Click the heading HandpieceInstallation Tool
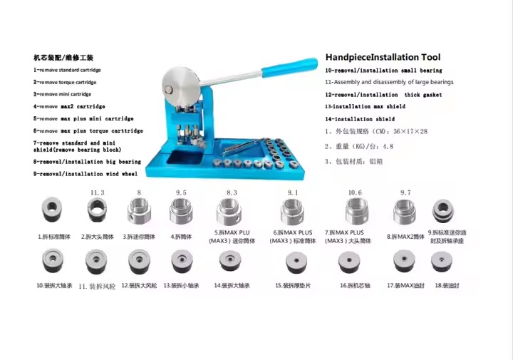pyautogui.click(x=383, y=57)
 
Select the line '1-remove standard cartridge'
pyautogui.click(x=67, y=70)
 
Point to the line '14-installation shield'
pyautogui.click(x=359, y=119)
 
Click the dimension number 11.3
pyautogui.click(x=98, y=192)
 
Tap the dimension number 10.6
pyautogui.click(x=355, y=192)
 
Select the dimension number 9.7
pyautogui.click(x=405, y=192)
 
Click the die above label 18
pyautogui.click(x=448, y=262)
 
